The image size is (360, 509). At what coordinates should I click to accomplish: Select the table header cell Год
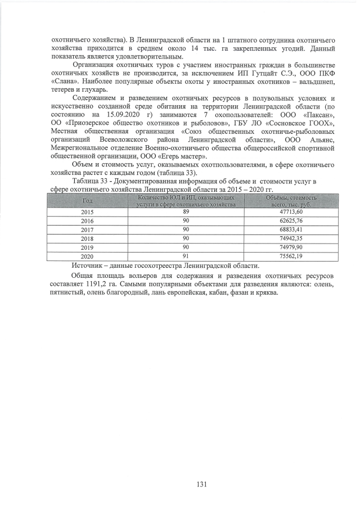click(x=88, y=201)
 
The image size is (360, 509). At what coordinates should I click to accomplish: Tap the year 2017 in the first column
click(x=88, y=229)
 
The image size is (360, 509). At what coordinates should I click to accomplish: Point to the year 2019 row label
click(x=88, y=247)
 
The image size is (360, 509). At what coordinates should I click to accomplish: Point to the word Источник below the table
click(x=89, y=265)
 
